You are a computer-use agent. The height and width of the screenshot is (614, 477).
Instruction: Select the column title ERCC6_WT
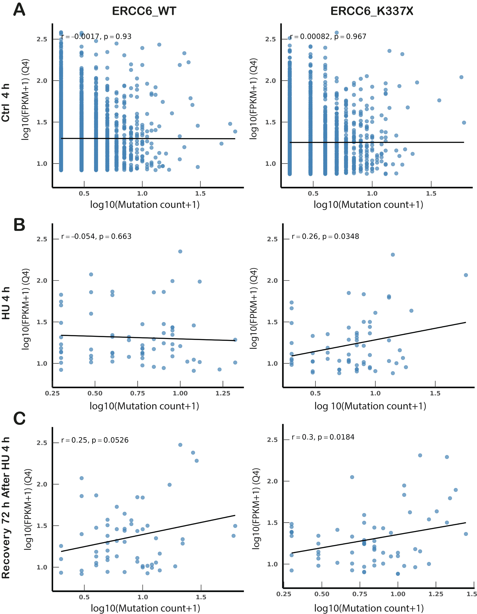pos(144,11)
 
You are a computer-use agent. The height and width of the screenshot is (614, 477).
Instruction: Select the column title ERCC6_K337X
pos(372,11)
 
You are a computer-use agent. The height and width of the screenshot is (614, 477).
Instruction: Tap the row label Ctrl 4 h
pos(6,103)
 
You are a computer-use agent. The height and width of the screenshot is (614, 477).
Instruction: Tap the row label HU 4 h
pos(6,303)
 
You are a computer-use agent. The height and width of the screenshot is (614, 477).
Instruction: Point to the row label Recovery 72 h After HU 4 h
pos(6,507)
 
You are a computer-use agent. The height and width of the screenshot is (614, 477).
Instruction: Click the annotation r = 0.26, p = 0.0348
pos(325,236)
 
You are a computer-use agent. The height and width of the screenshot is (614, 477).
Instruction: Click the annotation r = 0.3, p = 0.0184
pos(323,437)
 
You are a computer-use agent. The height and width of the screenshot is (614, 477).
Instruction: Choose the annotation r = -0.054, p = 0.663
pos(96,236)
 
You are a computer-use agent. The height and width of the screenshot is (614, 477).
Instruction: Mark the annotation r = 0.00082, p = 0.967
pos(328,37)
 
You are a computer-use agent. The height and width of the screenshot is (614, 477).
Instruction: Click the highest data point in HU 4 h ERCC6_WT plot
pos(180,251)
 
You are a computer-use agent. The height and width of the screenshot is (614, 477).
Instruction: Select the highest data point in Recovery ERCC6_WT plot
pos(180,445)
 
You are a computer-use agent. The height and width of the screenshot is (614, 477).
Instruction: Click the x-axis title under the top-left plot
pos(145,204)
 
